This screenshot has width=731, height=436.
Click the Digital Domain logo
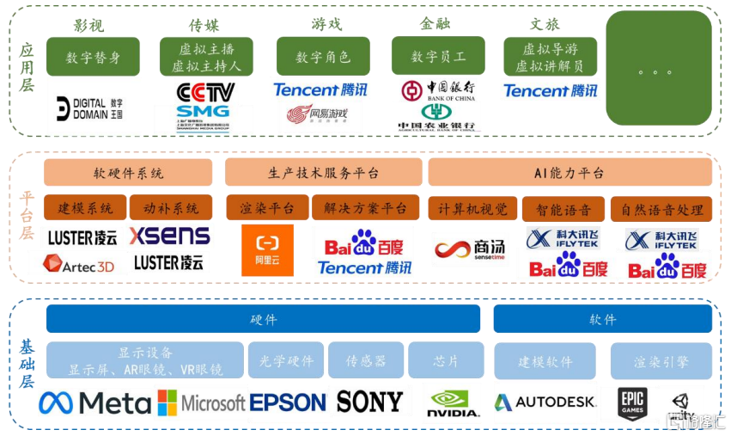pos(89,107)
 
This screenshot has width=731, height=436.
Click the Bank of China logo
pos(437,90)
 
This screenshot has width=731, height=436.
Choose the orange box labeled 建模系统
pos(85,208)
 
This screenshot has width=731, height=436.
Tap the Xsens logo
pos(169,235)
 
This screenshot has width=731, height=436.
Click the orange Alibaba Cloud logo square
pos(267,250)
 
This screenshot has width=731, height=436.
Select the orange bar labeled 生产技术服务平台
pos(323,173)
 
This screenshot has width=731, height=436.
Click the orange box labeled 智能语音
pos(564,208)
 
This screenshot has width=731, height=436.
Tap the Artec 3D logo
pos(78,266)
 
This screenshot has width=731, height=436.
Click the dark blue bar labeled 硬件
pos(263,319)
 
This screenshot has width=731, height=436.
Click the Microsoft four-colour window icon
pos(167,402)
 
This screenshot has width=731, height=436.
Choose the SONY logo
pos(369,402)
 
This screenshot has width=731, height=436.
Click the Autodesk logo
pos(545,402)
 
